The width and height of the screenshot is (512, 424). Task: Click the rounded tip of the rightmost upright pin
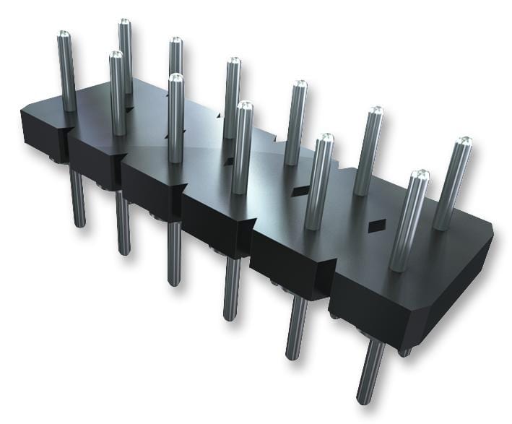pos(464,142)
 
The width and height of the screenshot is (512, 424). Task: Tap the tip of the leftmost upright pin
pos(64,35)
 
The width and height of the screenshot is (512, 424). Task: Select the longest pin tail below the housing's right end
pos(370,372)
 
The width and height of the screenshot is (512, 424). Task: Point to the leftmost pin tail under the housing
pos(77,199)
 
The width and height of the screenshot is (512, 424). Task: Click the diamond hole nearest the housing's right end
pos(374,227)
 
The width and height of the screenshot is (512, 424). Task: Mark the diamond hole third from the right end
pos(228,161)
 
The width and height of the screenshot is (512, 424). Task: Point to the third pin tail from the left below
pos(174,253)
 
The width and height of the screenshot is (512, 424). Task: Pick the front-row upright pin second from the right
pos(318,181)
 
